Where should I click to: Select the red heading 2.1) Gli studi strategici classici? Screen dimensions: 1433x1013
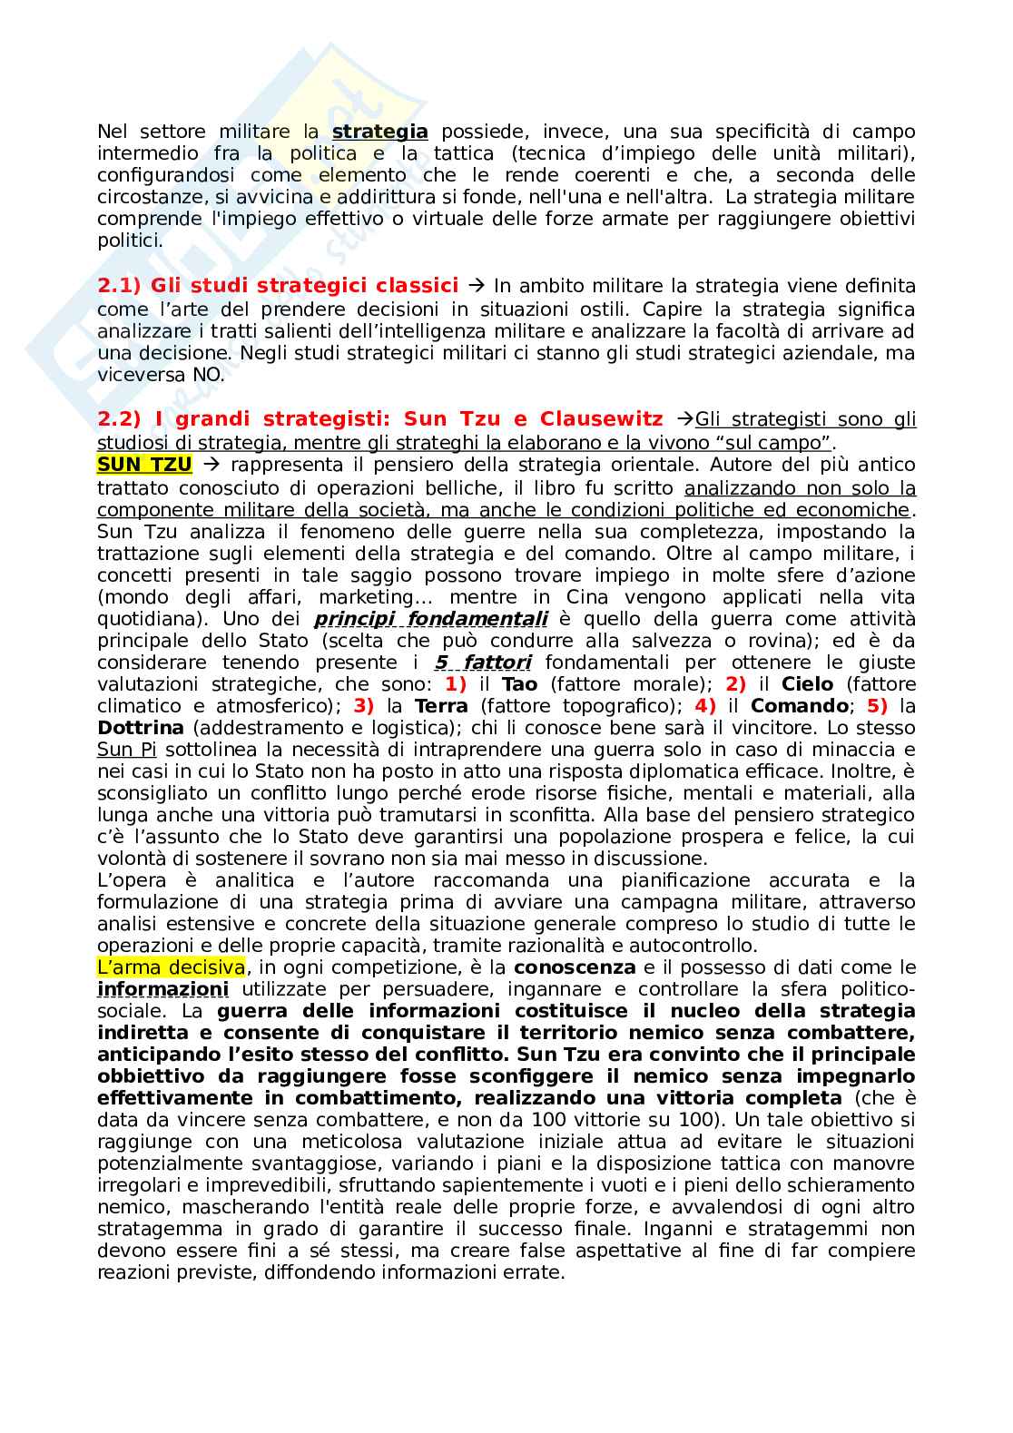(x=278, y=286)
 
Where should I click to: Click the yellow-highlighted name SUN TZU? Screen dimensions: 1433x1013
(x=144, y=465)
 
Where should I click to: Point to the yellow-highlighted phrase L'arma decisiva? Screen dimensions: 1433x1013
(x=171, y=967)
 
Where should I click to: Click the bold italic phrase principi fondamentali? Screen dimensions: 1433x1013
(x=430, y=619)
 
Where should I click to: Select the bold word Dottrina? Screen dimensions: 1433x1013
(x=141, y=728)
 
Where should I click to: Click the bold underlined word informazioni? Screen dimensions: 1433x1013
(x=162, y=989)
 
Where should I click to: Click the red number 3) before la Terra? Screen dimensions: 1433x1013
(x=363, y=706)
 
